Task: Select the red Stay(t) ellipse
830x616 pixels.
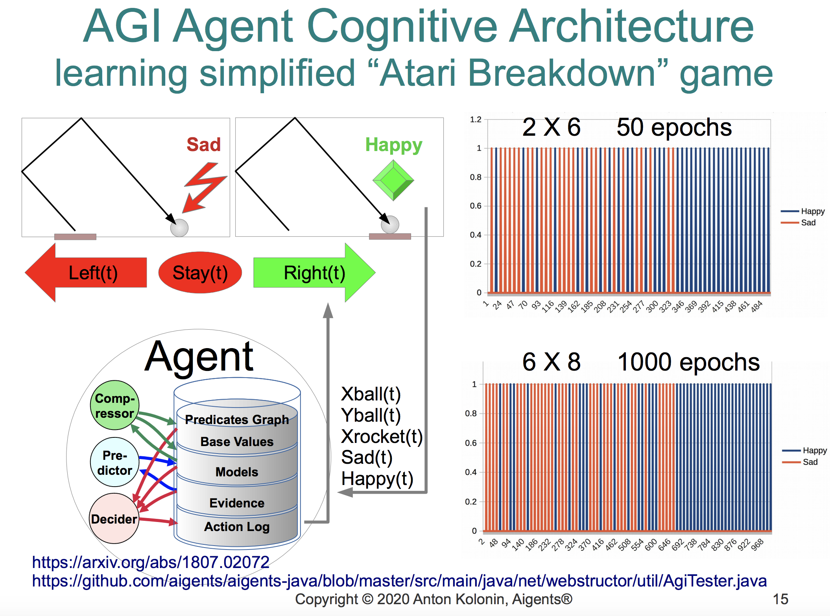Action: coord(200,273)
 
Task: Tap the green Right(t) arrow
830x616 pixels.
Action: coord(314,273)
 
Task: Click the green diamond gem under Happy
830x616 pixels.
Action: coord(393,180)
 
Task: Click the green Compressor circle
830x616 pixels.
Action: coord(114,405)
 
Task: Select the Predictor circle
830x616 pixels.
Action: coord(114,463)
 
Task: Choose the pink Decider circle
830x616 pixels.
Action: coord(114,518)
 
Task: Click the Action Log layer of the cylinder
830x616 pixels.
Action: coord(237,526)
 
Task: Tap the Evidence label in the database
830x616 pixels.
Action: coord(237,503)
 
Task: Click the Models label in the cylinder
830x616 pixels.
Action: coord(237,472)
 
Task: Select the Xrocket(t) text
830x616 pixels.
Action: coord(382,436)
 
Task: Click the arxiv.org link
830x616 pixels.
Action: coord(151,562)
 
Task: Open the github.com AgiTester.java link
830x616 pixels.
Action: coord(399,581)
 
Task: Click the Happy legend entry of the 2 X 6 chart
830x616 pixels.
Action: coord(802,211)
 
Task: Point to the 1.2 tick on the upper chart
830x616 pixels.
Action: coord(476,120)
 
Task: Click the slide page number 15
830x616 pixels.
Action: coord(780,599)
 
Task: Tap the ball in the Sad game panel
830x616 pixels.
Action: coord(179,228)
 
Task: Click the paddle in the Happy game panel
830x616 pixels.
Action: coord(390,236)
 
